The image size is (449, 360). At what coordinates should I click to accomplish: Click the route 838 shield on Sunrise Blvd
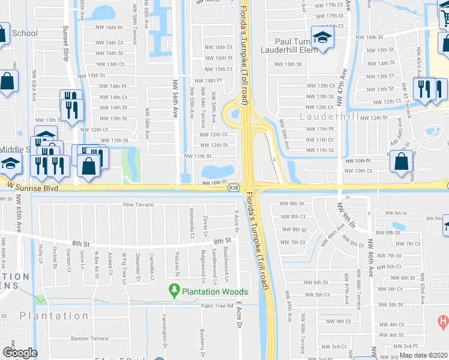(x=232, y=188)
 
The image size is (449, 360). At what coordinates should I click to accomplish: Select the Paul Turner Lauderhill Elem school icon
(x=322, y=39)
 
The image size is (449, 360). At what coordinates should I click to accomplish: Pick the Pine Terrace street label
(x=136, y=205)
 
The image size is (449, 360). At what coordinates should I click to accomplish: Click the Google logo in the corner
(x=20, y=353)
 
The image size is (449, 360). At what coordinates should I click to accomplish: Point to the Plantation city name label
(x=54, y=316)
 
